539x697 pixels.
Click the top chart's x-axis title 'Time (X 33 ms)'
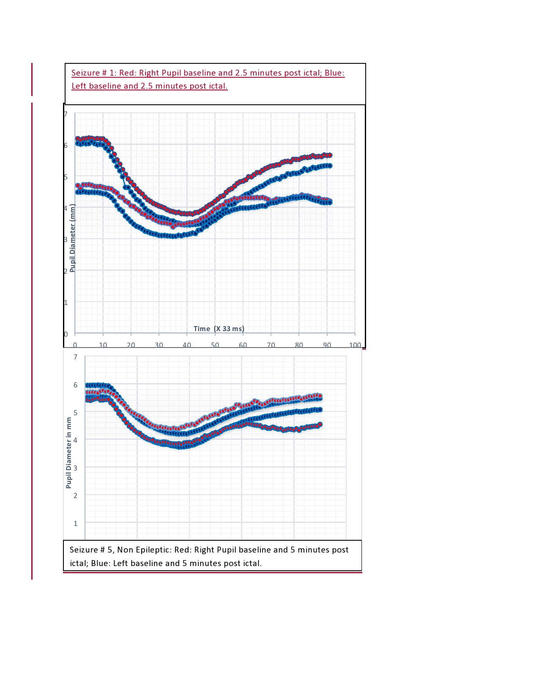point(219,329)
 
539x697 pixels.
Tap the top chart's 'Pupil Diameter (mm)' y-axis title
point(73,238)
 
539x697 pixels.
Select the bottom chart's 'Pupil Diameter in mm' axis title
point(69,452)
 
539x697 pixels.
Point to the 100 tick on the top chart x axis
point(355,345)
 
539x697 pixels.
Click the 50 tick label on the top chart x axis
point(215,345)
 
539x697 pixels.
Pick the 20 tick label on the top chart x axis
point(131,345)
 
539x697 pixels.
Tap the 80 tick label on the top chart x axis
point(299,345)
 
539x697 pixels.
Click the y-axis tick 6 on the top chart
point(66,145)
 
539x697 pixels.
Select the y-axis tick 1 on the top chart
point(66,302)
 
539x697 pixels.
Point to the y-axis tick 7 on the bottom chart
point(76,357)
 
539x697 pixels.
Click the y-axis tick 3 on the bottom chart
point(76,468)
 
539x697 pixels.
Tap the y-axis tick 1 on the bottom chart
point(76,523)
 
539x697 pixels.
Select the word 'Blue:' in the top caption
point(334,73)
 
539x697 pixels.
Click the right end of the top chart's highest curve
point(330,155)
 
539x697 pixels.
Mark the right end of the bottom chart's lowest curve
point(320,425)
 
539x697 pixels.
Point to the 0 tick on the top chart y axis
point(66,334)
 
